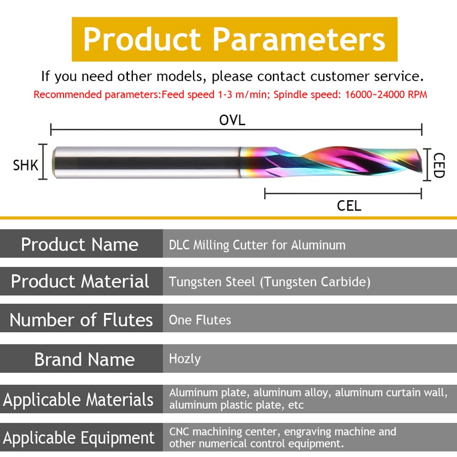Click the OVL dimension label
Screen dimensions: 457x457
tap(232, 120)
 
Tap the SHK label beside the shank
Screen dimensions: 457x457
tap(26, 165)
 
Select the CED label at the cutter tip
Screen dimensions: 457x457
tap(439, 165)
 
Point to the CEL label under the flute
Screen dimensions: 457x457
tap(349, 206)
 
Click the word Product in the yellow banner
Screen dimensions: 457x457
tap(142, 39)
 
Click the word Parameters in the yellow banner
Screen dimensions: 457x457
tap(299, 39)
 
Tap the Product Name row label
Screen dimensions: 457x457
tap(80, 244)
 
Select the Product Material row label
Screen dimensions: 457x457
tap(80, 281)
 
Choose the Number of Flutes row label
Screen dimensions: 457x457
tap(81, 320)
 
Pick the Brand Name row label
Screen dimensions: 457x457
tap(85, 359)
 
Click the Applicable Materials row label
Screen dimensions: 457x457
tap(78, 399)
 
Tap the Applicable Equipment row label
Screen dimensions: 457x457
tap(79, 438)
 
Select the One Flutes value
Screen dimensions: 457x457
tap(200, 320)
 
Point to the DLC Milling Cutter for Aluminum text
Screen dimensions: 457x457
tap(257, 245)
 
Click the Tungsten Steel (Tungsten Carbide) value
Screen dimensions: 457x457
tap(270, 282)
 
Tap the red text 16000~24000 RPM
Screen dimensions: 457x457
tap(386, 95)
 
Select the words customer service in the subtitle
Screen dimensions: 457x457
tap(367, 76)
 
